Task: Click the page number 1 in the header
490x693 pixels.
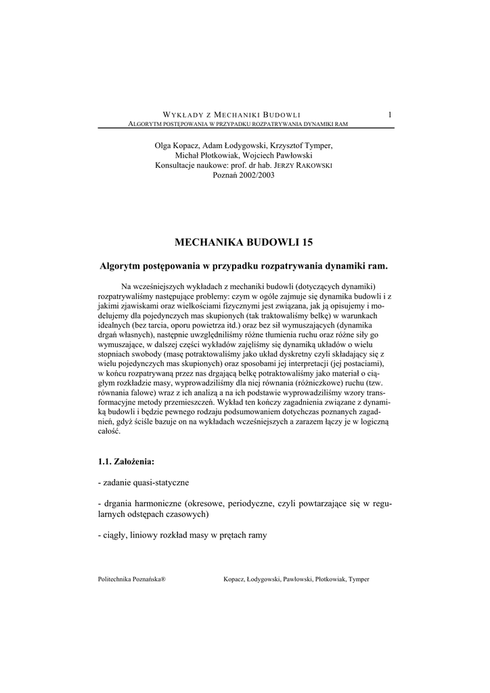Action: coord(390,114)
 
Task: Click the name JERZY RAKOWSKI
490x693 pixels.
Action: coord(308,165)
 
